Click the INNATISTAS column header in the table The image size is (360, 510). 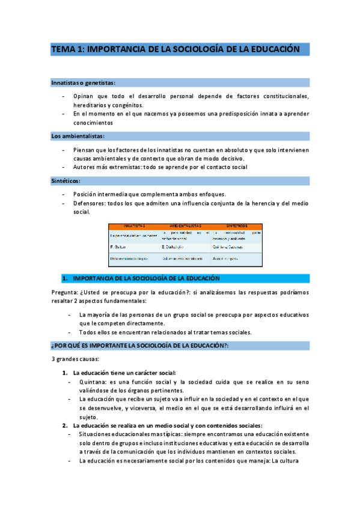[134, 226]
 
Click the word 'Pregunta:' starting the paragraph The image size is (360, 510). [66, 292]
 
